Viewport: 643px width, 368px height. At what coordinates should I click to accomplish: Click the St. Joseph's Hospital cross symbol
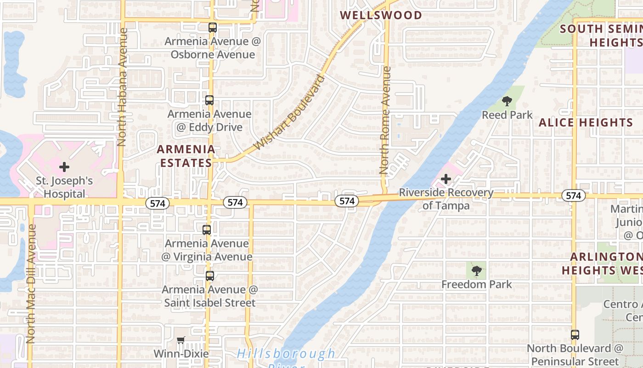64,167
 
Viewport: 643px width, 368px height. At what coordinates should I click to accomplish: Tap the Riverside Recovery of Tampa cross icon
446,179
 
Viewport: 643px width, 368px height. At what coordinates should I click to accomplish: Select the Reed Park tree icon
507,101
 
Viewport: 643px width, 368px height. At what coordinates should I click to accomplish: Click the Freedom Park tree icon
477,271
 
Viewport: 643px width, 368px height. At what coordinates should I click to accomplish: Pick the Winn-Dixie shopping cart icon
181,340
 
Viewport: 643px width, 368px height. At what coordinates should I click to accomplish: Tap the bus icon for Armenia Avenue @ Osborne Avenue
212,27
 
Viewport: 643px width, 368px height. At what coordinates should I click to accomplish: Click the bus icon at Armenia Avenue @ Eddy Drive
209,100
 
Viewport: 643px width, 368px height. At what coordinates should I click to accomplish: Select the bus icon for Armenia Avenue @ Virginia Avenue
207,230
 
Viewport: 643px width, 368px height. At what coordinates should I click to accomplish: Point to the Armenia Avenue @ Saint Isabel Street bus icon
210,276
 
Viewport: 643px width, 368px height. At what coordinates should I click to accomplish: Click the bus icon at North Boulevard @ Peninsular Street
575,334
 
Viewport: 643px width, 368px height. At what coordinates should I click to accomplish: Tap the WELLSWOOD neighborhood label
381,15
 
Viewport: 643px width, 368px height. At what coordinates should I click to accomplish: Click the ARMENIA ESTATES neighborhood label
186,156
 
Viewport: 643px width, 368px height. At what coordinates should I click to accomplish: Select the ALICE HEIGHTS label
586,123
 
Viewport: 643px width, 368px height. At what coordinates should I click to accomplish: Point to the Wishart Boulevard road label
289,113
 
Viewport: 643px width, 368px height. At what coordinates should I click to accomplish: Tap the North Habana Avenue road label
122,87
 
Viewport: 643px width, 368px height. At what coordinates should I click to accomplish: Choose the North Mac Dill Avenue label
31,284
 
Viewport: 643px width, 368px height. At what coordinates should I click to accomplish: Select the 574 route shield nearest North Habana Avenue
158,203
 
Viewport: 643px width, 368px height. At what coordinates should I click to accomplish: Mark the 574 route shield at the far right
573,196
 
